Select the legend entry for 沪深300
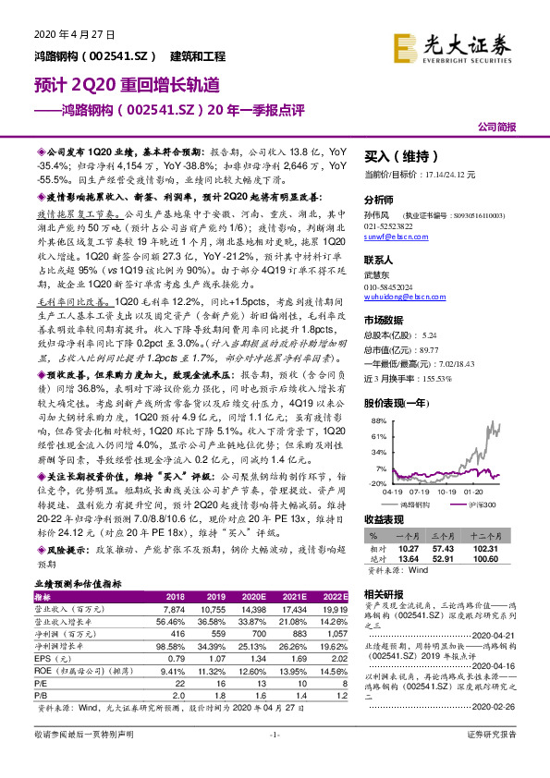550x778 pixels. tap(482, 504)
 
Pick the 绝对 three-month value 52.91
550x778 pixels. tap(449, 557)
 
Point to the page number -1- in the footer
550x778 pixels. tap(275, 760)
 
